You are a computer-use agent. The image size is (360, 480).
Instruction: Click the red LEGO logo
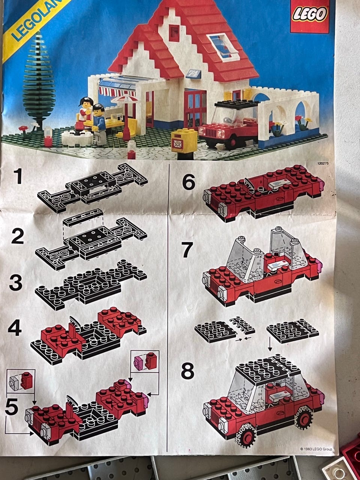coord(310,16)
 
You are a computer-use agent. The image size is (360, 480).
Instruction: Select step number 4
coord(15,328)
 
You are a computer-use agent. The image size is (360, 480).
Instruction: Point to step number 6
coord(188,182)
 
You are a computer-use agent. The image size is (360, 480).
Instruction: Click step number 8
coord(187,371)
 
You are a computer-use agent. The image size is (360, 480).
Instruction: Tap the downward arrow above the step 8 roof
coord(270,344)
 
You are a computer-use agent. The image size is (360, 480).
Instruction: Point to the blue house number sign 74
coord(195,74)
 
